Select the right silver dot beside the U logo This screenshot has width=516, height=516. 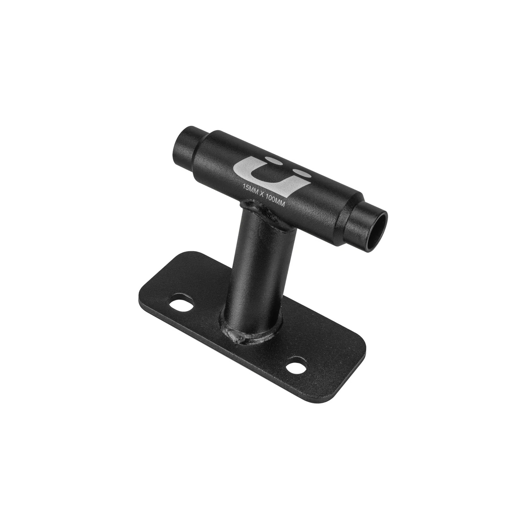tap(303, 173)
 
